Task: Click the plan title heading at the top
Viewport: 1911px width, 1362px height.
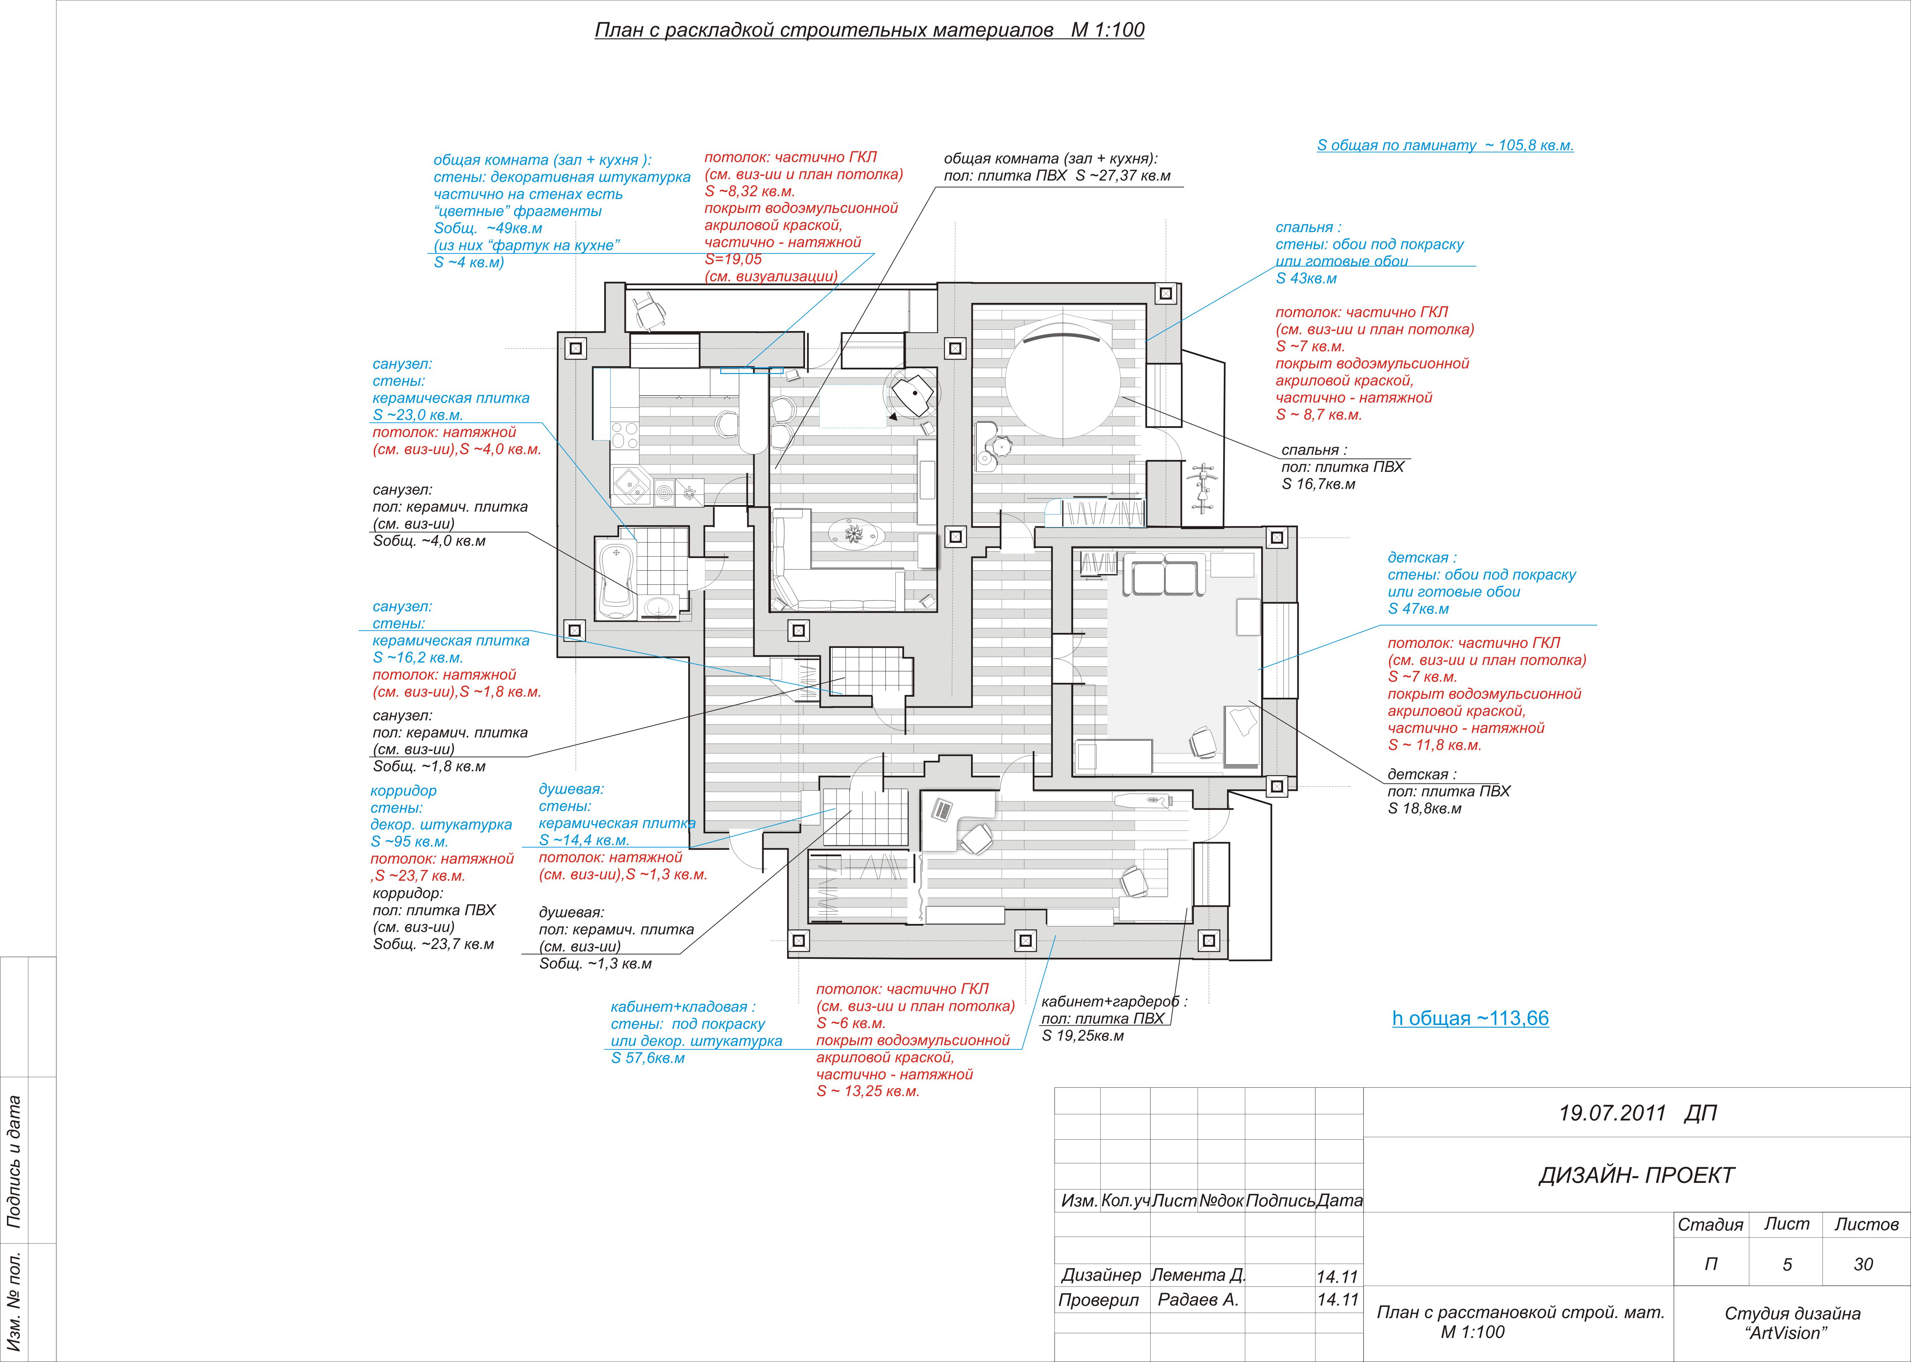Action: coord(869,30)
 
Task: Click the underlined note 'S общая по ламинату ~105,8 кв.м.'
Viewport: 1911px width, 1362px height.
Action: coord(1444,145)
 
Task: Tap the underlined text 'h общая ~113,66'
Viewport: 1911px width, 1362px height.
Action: coord(1470,1018)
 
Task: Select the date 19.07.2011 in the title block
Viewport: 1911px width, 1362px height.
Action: coord(1612,1113)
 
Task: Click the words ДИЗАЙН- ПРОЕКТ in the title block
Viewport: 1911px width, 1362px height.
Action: coord(1636,1176)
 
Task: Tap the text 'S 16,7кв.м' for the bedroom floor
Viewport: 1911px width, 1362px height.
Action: coord(1318,484)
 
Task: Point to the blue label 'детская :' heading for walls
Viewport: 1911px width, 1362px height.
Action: coord(1422,558)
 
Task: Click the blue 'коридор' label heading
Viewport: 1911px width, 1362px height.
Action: coord(403,791)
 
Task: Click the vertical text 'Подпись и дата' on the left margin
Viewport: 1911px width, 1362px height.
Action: coord(14,1162)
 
